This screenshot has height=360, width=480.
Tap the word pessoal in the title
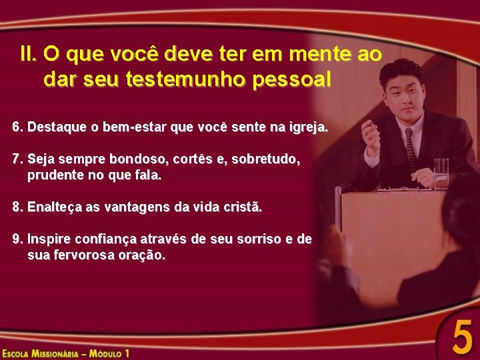coord(291,79)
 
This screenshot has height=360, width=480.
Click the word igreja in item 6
coord(308,126)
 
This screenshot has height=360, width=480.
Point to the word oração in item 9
coord(143,255)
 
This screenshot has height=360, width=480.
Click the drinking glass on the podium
coord(441,173)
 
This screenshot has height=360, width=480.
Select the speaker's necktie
coord(410,150)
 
